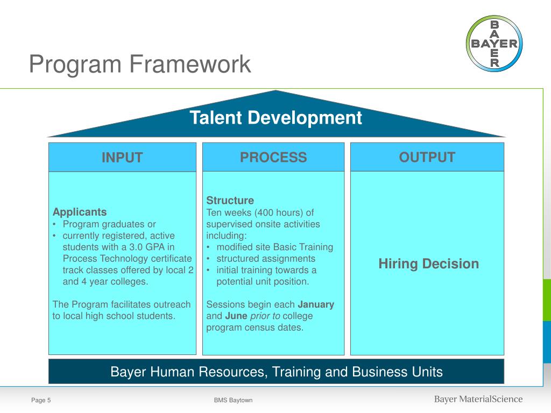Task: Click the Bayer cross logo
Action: click(494, 44)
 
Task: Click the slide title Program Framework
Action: click(140, 64)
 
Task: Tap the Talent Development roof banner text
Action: click(276, 117)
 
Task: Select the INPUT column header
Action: click(122, 158)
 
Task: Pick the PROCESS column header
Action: click(273, 158)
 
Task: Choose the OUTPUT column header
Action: click(427, 157)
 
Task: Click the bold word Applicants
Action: click(80, 212)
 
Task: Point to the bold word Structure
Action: click(230, 201)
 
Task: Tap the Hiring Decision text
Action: click(428, 264)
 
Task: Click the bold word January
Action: click(316, 304)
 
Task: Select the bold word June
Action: click(236, 316)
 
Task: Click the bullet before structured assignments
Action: click(209, 259)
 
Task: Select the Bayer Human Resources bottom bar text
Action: click(277, 372)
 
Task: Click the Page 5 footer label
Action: click(41, 400)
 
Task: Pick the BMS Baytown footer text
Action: click(233, 400)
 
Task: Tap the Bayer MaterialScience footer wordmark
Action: click(478, 399)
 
